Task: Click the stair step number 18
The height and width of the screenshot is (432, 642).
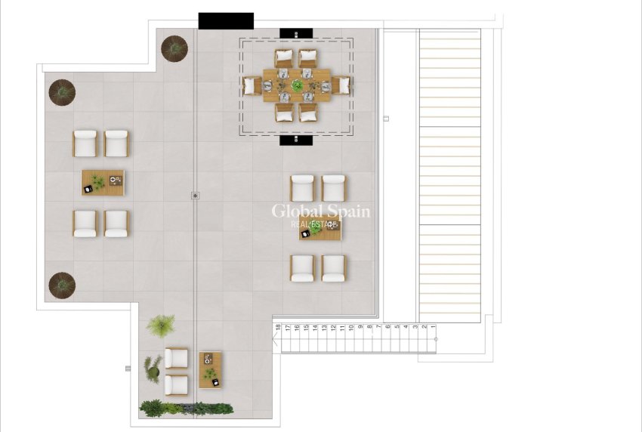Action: pos(278,327)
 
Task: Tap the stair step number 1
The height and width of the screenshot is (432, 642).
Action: pos(433,327)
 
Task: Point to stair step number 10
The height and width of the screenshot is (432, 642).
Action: pos(350,327)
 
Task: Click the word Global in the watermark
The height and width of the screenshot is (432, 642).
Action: pos(297,211)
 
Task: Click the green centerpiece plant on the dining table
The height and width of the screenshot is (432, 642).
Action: pos(296,85)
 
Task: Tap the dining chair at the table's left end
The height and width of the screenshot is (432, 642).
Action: pos(252,85)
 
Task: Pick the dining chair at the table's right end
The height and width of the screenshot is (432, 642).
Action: pos(342,85)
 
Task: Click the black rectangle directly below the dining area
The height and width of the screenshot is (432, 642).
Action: pos(295,140)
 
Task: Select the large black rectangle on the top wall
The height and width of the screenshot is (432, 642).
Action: pos(226,21)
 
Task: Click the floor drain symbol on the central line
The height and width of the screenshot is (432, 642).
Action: pos(196,196)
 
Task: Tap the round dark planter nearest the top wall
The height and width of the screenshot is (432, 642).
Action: pos(174,48)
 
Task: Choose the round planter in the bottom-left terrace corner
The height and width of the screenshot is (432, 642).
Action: pos(62,285)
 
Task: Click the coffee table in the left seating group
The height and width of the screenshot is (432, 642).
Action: pos(103,182)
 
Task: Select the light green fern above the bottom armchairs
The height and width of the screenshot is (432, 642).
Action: pos(160,326)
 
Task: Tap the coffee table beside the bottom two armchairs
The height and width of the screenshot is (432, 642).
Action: pos(210,369)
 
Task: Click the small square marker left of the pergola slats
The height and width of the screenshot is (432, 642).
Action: pos(386,119)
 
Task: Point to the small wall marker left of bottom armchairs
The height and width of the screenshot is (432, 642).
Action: pos(128,369)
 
